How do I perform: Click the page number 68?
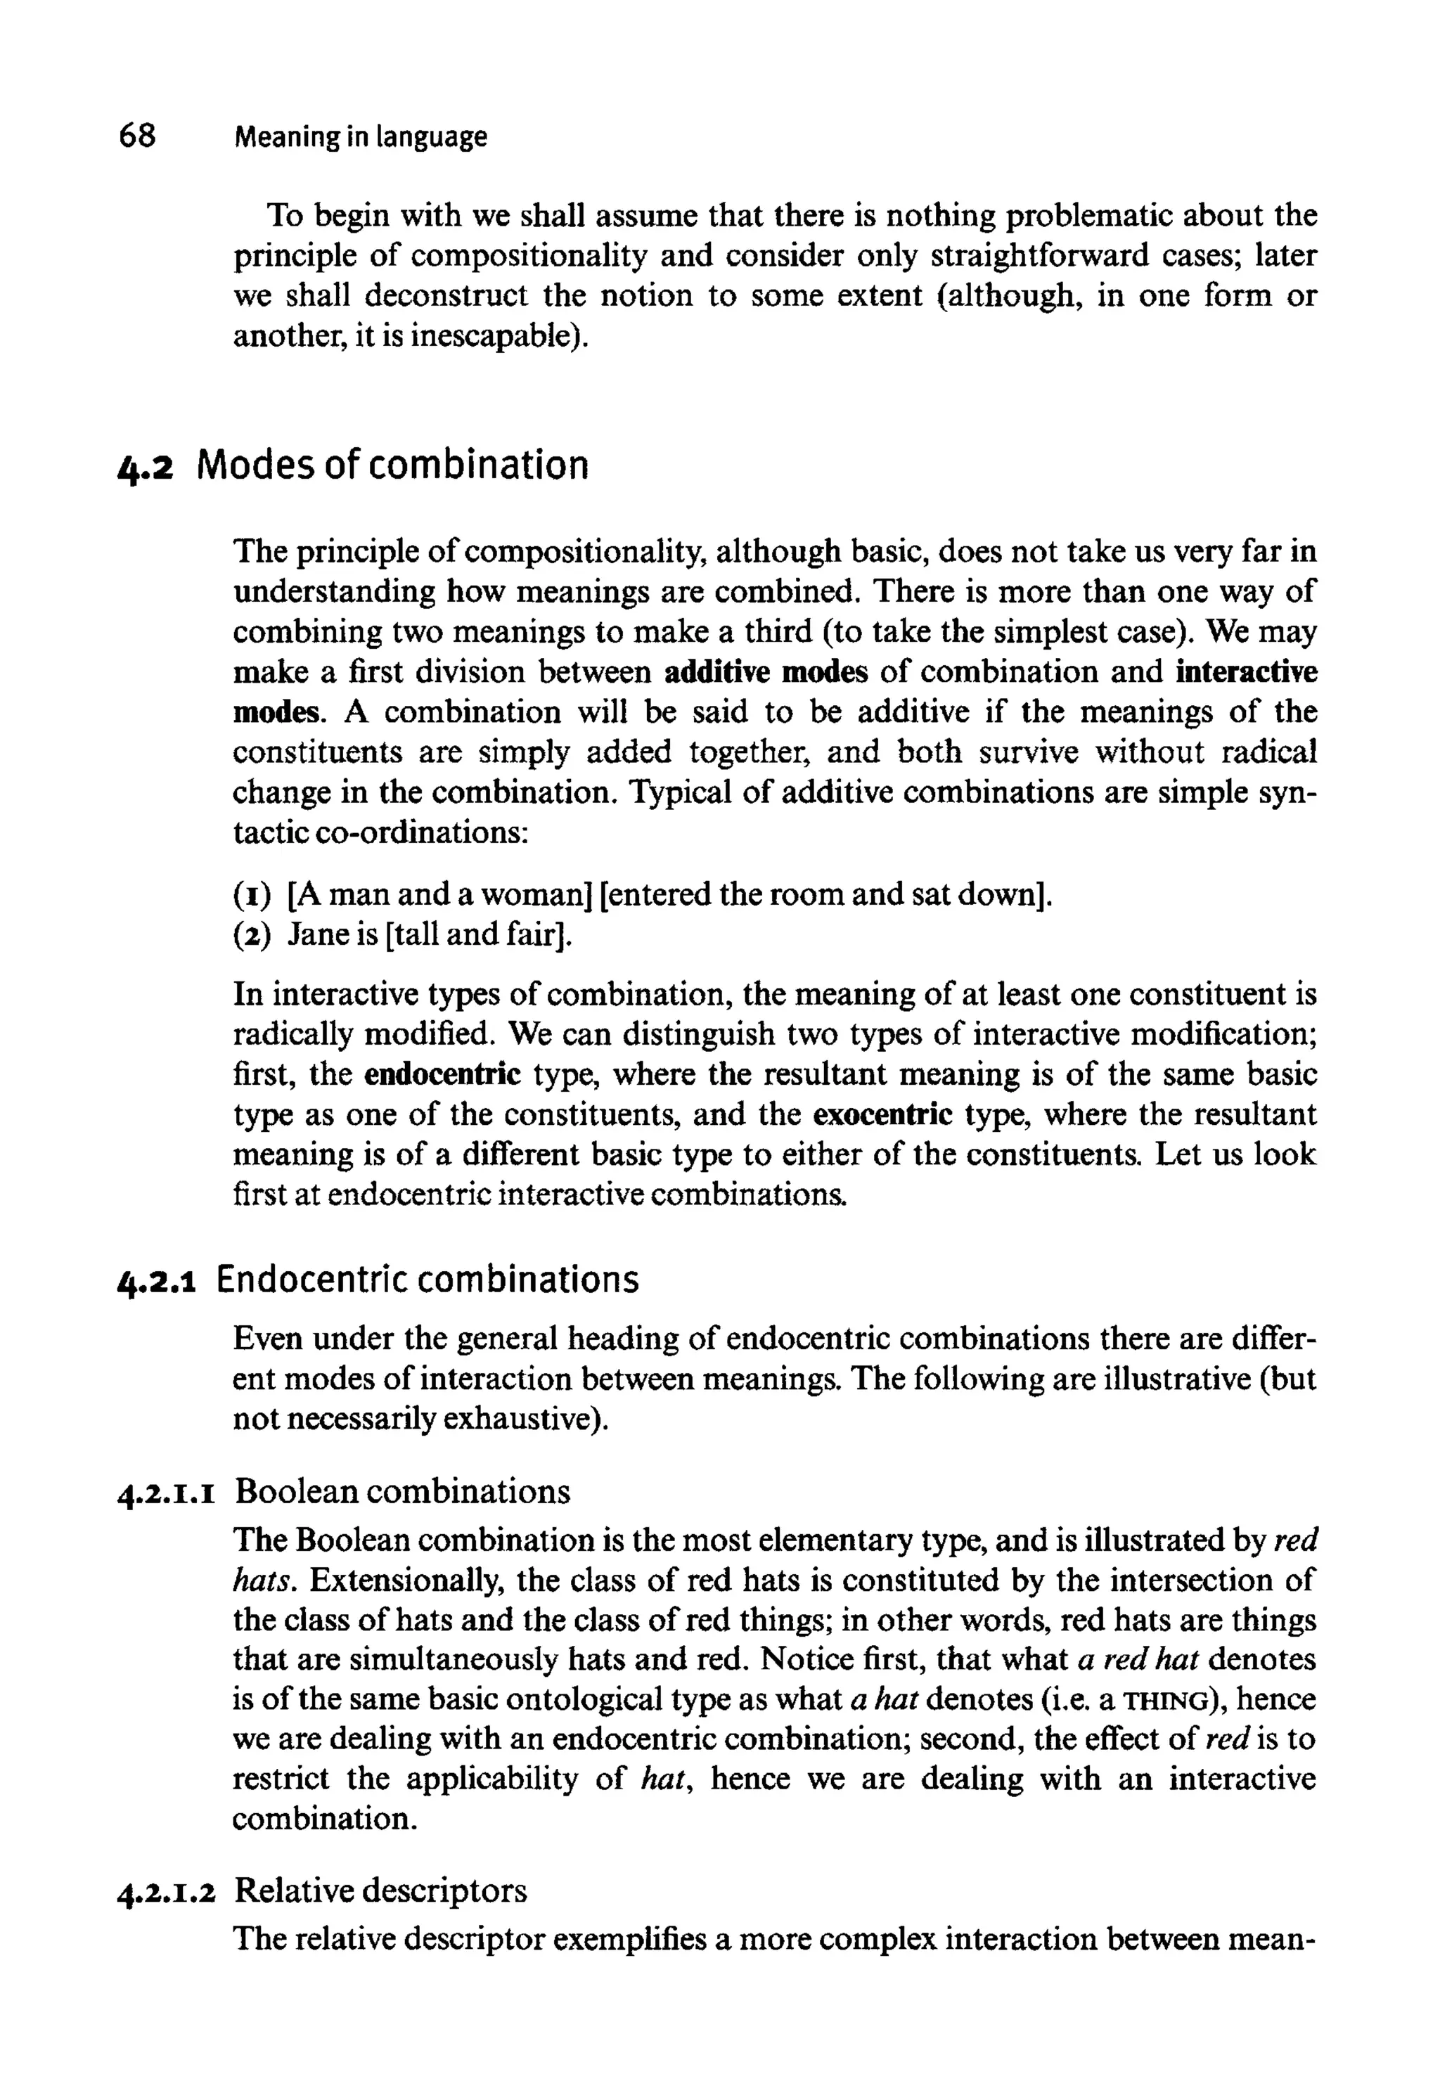137,136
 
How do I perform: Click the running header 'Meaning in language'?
360,137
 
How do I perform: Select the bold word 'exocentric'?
882,1115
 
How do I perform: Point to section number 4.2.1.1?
166,1495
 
